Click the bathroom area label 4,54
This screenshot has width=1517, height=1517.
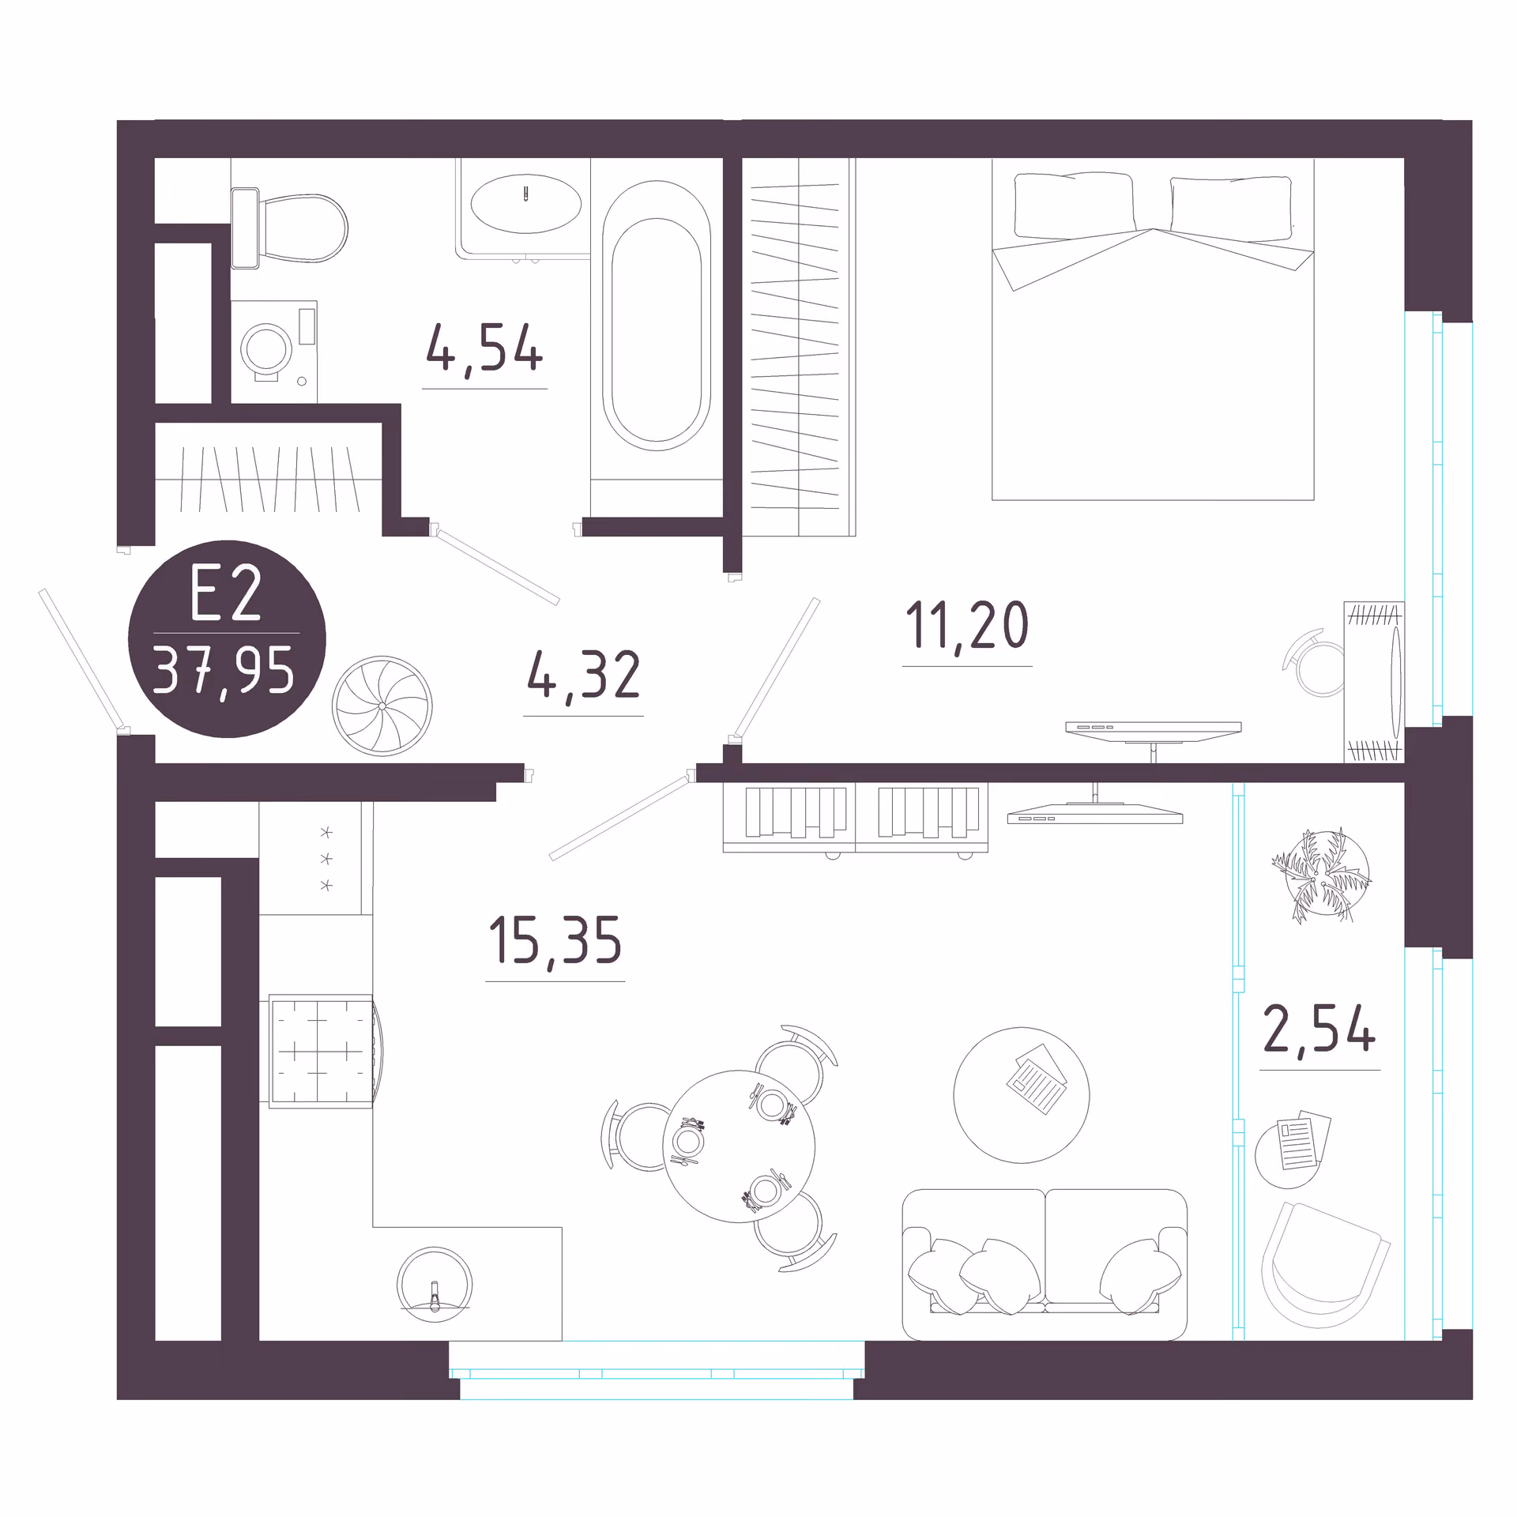coord(484,348)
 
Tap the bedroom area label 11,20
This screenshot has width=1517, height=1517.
coord(967,625)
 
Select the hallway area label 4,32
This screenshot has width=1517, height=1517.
coord(583,675)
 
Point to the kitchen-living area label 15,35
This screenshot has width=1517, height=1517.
coord(555,940)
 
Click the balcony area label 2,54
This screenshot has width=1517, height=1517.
coord(1319,1029)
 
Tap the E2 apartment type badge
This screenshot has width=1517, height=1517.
coord(227,639)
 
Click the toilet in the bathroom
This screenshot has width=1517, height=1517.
coord(289,228)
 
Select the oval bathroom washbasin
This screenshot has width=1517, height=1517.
coord(525,204)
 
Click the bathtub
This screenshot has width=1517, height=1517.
coord(656,316)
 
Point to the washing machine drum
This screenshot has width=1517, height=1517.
coord(267,348)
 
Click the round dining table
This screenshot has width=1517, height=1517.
coord(739,1146)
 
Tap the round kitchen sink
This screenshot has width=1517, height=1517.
coord(434,1285)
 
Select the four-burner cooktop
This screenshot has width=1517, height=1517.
coord(321,1051)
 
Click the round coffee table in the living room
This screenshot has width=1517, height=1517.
coord(1022,1095)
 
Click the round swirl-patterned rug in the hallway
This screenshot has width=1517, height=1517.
coord(382,706)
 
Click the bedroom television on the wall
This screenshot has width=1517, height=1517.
coord(1153,731)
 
